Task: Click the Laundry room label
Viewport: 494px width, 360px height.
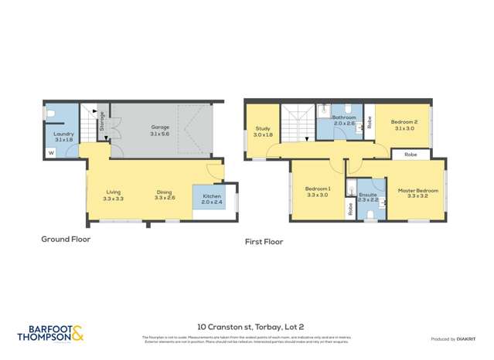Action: [x=63, y=134]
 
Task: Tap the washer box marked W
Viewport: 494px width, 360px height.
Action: [x=51, y=153]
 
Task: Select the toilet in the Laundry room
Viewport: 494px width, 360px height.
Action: [x=50, y=114]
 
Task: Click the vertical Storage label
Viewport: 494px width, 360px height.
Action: [x=102, y=121]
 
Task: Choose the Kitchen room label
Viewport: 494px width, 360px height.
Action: [x=211, y=196]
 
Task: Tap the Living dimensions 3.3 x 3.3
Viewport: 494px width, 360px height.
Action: [x=113, y=199]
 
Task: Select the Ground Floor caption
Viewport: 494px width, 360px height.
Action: [x=66, y=239]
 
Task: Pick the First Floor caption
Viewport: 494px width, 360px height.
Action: [x=264, y=241]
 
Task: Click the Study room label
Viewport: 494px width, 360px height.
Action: [x=263, y=129]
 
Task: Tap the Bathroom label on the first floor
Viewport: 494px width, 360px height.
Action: [x=344, y=117]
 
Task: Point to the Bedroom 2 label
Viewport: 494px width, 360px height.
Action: [x=404, y=122]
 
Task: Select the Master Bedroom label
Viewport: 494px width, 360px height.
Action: [x=417, y=190]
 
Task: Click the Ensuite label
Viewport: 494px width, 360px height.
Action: [x=368, y=195]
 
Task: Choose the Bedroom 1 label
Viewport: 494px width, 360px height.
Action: [x=318, y=189]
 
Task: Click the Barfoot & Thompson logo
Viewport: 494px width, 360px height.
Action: [x=51, y=334]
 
